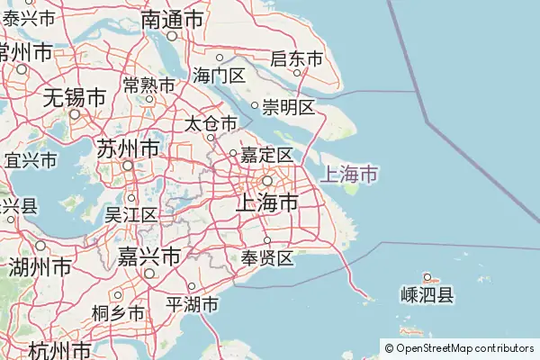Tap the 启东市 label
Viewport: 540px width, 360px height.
(296, 59)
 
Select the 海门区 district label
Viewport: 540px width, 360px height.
(219, 76)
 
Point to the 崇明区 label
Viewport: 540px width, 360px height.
(288, 108)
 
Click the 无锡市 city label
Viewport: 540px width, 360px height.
(75, 95)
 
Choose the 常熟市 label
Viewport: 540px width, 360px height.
(149, 85)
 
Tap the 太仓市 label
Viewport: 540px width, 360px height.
(211, 122)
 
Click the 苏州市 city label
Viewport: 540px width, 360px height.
(128, 148)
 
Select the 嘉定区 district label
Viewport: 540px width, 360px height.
(265, 155)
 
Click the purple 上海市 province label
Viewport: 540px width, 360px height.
(348, 173)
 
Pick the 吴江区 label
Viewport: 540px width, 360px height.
(131, 214)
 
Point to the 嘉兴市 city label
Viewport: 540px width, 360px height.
(149, 256)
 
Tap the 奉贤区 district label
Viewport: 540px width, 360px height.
(267, 259)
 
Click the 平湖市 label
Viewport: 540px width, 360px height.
(193, 305)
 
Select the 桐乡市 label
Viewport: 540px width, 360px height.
(118, 313)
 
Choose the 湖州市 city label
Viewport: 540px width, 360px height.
(40, 267)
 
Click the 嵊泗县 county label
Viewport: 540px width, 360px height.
(427, 294)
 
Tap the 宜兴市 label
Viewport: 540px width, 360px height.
(31, 161)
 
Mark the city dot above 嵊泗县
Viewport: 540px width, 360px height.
(428, 277)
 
